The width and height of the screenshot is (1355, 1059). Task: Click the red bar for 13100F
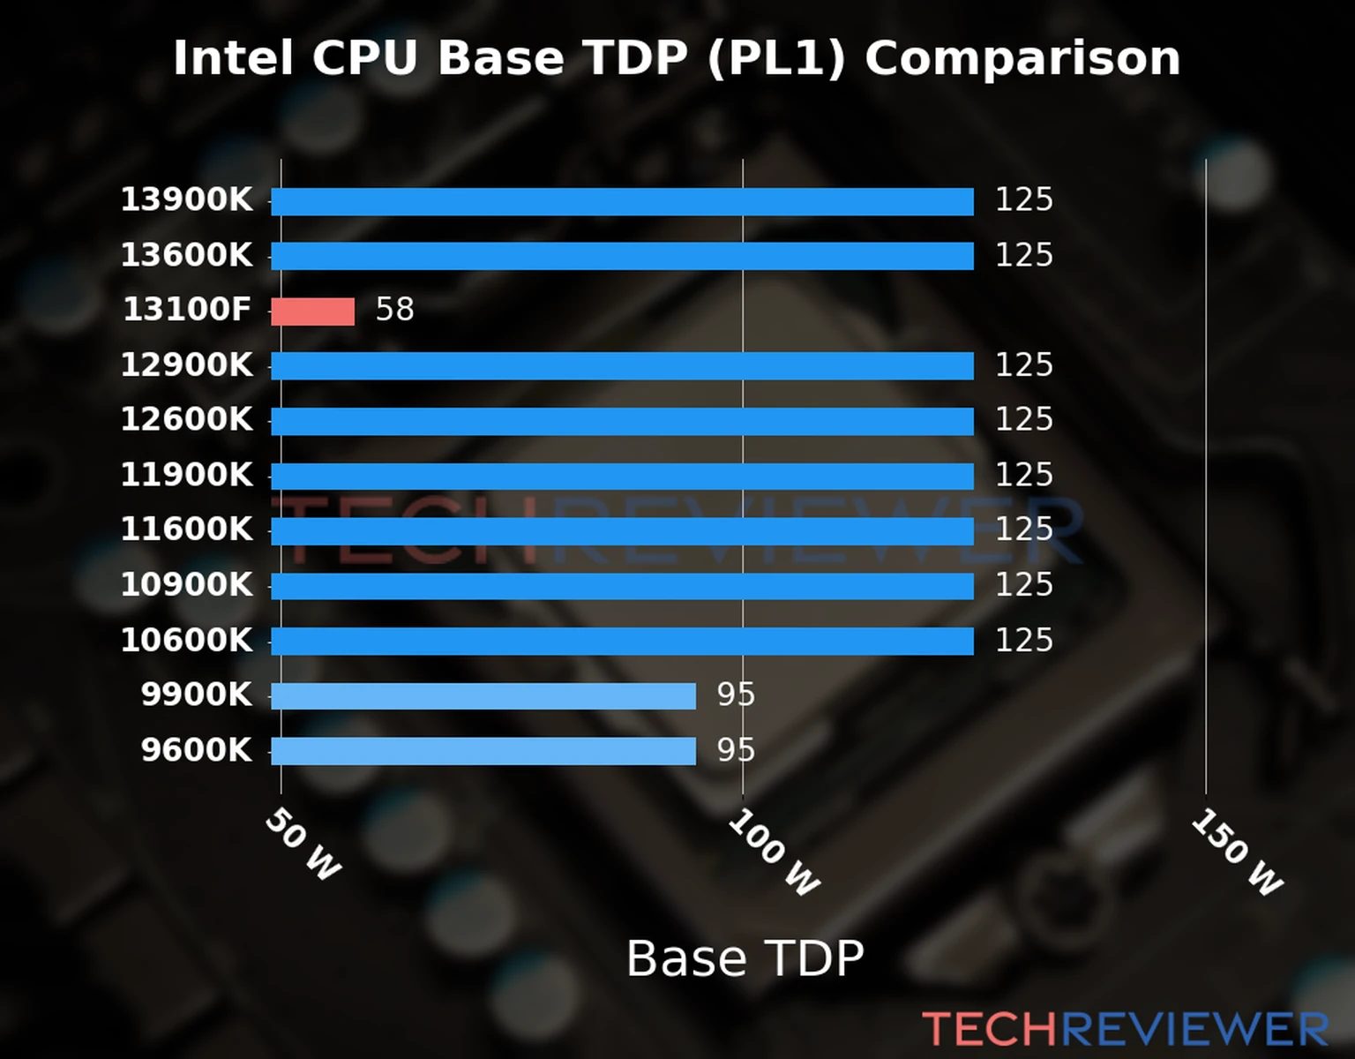tap(312, 312)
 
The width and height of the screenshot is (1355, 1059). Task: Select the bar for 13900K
tap(622, 201)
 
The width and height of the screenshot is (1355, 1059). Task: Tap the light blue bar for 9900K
tap(483, 696)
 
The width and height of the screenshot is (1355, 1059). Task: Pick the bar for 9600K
tap(483, 751)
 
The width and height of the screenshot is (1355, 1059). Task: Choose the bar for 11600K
tap(622, 531)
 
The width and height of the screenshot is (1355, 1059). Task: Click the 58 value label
tap(394, 310)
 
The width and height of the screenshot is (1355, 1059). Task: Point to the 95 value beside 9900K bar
tap(736, 695)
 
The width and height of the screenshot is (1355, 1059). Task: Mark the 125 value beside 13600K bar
tap(1023, 255)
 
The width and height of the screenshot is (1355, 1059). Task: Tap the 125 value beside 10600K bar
tap(1023, 641)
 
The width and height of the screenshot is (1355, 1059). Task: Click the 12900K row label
tap(186, 365)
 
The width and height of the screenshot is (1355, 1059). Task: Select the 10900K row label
tap(186, 585)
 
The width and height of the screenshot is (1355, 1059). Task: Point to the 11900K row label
tap(186, 475)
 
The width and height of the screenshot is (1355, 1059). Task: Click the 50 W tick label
tap(302, 845)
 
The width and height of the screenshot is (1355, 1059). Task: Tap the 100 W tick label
tap(774, 852)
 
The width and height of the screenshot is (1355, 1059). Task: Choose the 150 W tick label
tap(1236, 852)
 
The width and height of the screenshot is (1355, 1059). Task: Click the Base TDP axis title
tap(745, 958)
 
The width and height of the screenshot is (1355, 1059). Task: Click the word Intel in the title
tap(232, 59)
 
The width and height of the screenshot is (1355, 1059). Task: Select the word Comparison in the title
tap(1022, 59)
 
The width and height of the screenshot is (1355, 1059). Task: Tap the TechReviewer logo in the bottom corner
tap(1125, 1029)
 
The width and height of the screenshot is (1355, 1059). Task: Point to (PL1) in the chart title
tap(776, 59)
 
